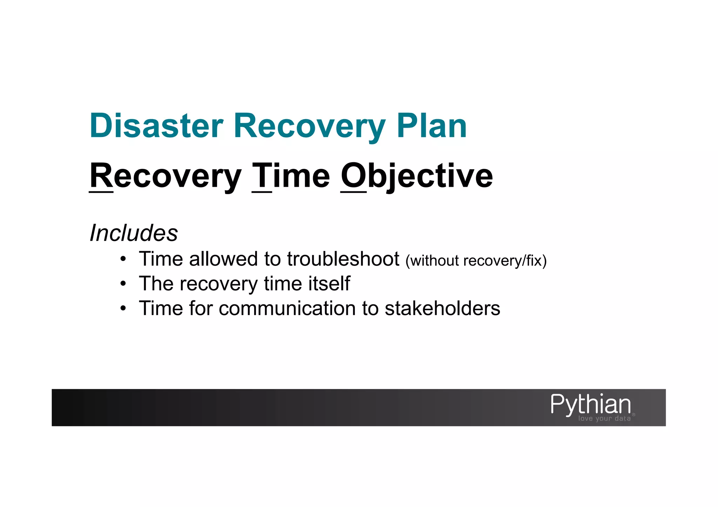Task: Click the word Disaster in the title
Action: coord(156,126)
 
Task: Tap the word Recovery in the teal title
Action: coord(310,126)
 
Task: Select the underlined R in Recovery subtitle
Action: coord(101,176)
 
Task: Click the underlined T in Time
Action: coord(262,176)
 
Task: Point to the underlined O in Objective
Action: coord(353,176)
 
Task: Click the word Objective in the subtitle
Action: coord(416,176)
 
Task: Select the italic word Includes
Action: coord(134,233)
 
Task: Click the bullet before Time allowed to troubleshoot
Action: coord(123,260)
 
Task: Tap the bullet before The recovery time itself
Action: coord(123,284)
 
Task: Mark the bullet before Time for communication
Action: coord(123,309)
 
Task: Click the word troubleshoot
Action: coord(343,259)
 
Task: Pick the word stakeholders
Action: coord(442,308)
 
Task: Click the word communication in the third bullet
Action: coord(287,308)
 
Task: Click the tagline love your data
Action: coord(604,418)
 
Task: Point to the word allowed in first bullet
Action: coord(223,259)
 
